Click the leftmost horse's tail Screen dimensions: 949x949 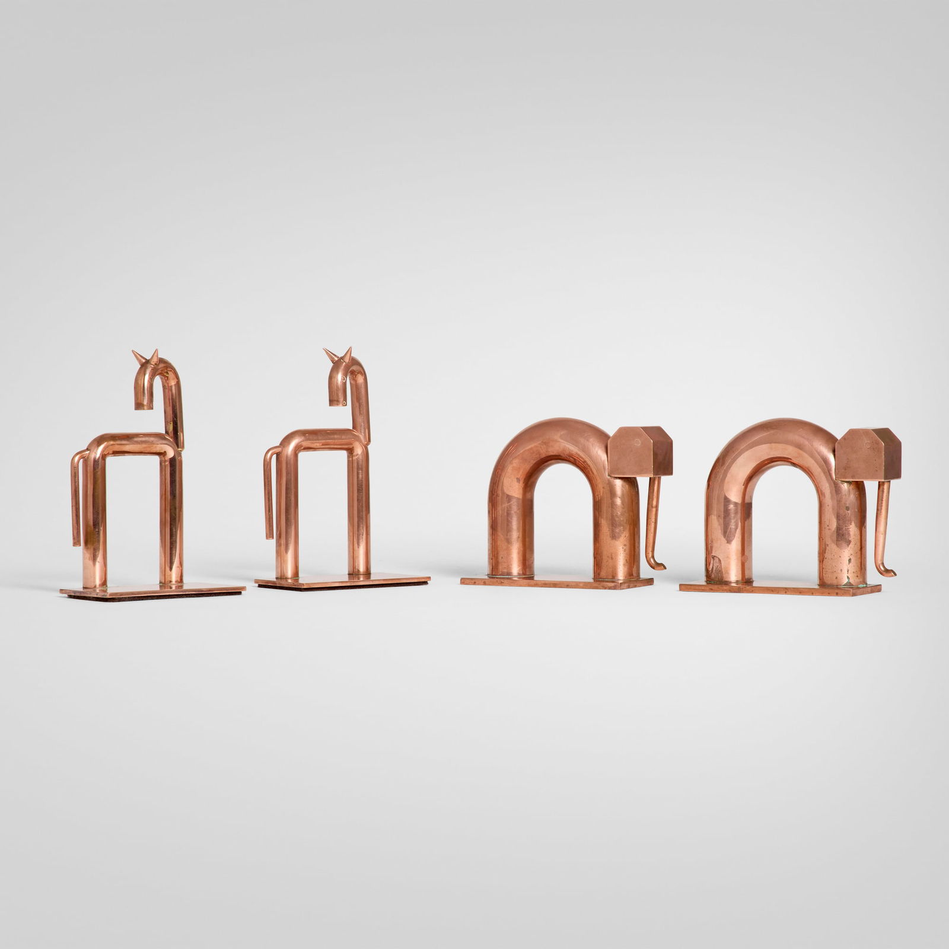point(76,504)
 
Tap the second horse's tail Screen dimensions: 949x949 point(269,498)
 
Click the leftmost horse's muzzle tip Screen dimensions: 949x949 point(142,406)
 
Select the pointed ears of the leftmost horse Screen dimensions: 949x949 point(147,356)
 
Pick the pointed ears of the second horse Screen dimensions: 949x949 point(339,355)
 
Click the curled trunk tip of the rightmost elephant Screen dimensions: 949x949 point(886,572)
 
